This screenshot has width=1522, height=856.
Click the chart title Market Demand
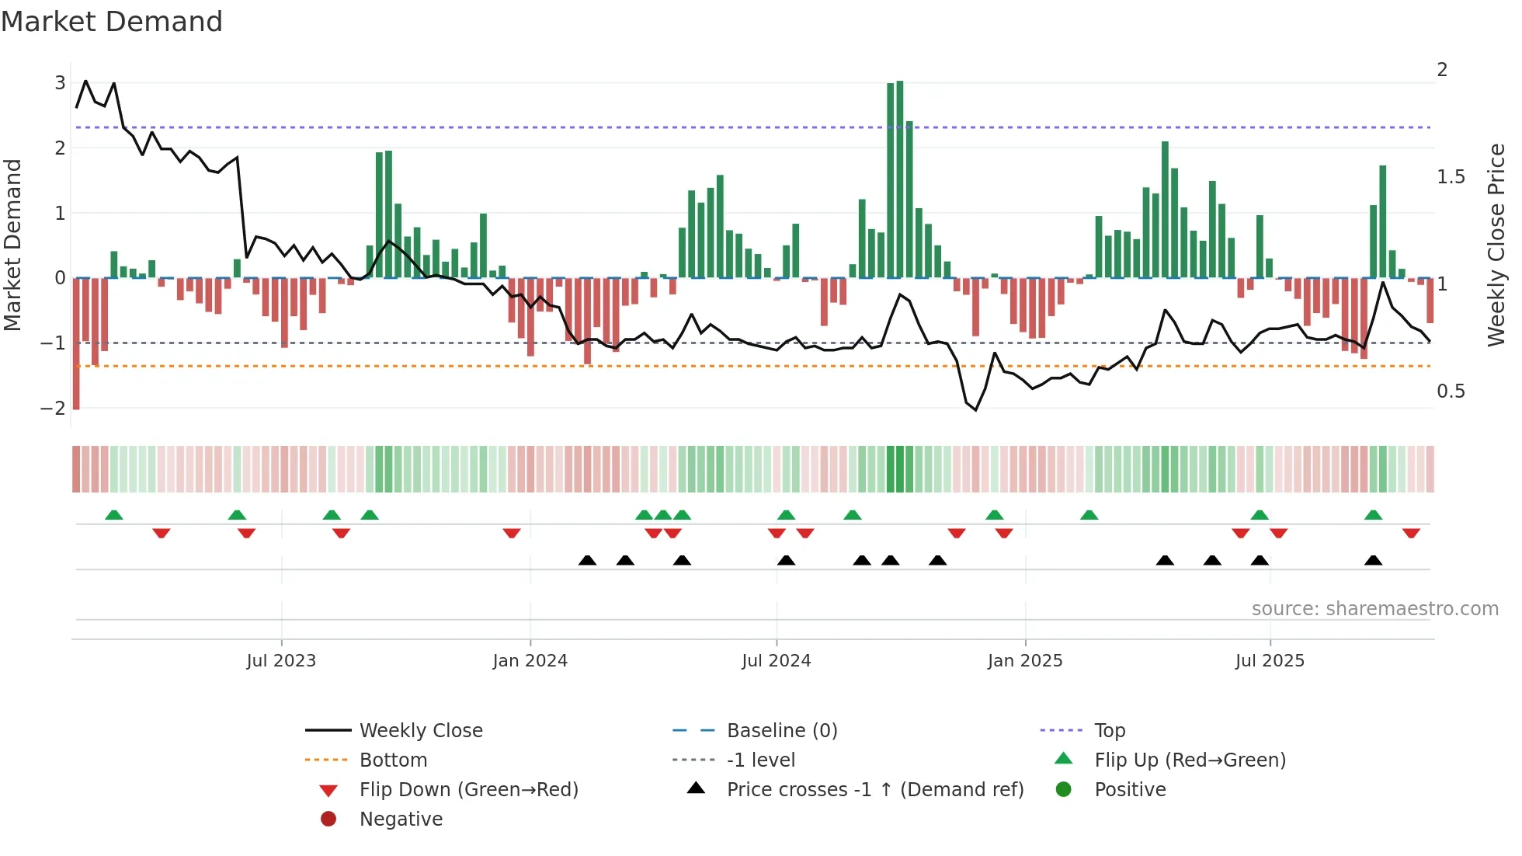[x=112, y=22]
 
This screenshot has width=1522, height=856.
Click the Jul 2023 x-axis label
[x=281, y=661]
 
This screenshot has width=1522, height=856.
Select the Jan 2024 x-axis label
[x=530, y=661]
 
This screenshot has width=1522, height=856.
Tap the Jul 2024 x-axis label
[x=776, y=661]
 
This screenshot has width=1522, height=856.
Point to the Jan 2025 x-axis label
[x=1025, y=661]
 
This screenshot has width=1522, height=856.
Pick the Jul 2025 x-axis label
[x=1270, y=661]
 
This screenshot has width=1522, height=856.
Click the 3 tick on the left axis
[x=60, y=82]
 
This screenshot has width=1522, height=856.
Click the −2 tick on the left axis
[x=53, y=409]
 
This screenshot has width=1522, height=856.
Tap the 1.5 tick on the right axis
[x=1451, y=177]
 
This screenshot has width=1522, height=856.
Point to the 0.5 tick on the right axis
[x=1451, y=391]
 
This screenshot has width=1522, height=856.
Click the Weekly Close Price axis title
[x=1496, y=245]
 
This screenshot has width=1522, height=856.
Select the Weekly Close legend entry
[x=421, y=731]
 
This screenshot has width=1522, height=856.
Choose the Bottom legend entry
[x=393, y=760]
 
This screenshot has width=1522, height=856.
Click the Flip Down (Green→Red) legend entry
[x=468, y=790]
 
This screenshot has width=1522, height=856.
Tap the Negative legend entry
[x=401, y=819]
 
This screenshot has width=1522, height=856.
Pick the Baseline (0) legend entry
[x=782, y=731]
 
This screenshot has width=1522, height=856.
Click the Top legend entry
[x=1110, y=731]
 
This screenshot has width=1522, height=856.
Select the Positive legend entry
[x=1130, y=790]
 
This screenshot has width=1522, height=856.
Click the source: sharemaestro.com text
[x=1374, y=609]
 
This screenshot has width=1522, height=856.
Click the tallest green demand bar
[x=899, y=179]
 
